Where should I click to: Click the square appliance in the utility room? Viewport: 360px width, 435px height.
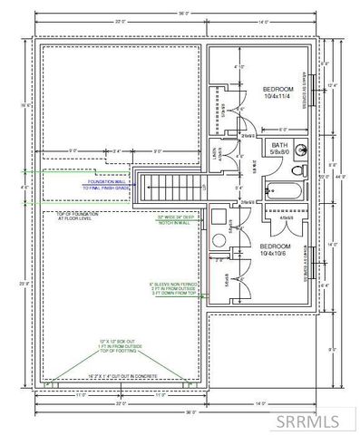[219, 217]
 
